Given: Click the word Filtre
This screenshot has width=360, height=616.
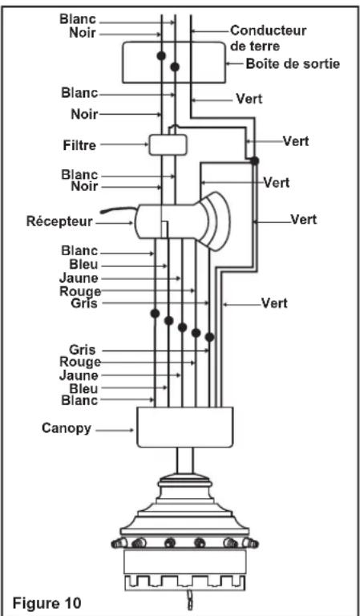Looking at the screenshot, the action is pyautogui.click(x=79, y=145).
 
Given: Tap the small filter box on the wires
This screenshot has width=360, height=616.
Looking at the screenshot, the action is pyautogui.click(x=168, y=144).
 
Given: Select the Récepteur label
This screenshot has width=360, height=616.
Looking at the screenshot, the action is pyautogui.click(x=59, y=221).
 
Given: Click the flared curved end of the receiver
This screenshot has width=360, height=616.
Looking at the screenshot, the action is pyautogui.click(x=215, y=221).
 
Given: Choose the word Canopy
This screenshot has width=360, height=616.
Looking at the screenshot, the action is pyautogui.click(x=67, y=428).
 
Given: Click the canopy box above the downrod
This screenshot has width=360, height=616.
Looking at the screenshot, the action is pyautogui.click(x=184, y=427).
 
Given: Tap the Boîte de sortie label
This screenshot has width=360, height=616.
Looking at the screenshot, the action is pyautogui.click(x=293, y=63).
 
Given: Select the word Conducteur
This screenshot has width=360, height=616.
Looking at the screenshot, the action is pyautogui.click(x=268, y=30).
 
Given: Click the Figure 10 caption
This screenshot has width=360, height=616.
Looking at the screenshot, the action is pyautogui.click(x=47, y=602).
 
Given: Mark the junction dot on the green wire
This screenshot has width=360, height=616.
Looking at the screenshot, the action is pyautogui.click(x=254, y=160).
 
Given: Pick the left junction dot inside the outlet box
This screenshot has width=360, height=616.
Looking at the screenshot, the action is pyautogui.click(x=161, y=56).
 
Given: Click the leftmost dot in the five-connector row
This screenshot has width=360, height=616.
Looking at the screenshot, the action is pyautogui.click(x=155, y=313).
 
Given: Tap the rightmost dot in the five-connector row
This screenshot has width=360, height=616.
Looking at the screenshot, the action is pyautogui.click(x=209, y=337).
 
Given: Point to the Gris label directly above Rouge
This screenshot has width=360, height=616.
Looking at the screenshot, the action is pyautogui.click(x=83, y=350).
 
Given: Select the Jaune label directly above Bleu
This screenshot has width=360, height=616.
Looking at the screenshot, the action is pyautogui.click(x=79, y=375).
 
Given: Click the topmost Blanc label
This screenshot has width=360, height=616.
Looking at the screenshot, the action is pyautogui.click(x=78, y=19).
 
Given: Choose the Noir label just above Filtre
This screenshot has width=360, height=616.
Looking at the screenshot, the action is pyautogui.click(x=84, y=115).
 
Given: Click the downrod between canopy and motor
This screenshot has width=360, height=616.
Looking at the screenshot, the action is pyautogui.click(x=184, y=461).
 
